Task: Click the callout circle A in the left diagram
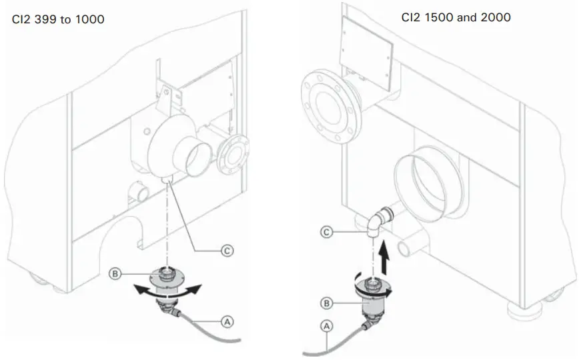[x=227, y=321]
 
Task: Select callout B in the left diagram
[x=115, y=273]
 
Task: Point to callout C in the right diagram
[x=327, y=232]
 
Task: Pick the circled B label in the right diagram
[x=326, y=303]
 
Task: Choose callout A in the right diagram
[x=327, y=327]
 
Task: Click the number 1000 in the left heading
[x=90, y=20]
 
